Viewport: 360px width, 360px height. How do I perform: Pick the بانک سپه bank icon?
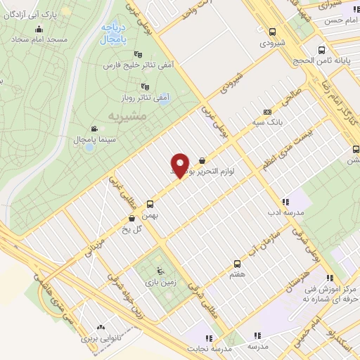(266, 111)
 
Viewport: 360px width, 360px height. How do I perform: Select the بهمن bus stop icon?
(149, 204)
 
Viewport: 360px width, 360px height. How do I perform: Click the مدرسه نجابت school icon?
(207, 338)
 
